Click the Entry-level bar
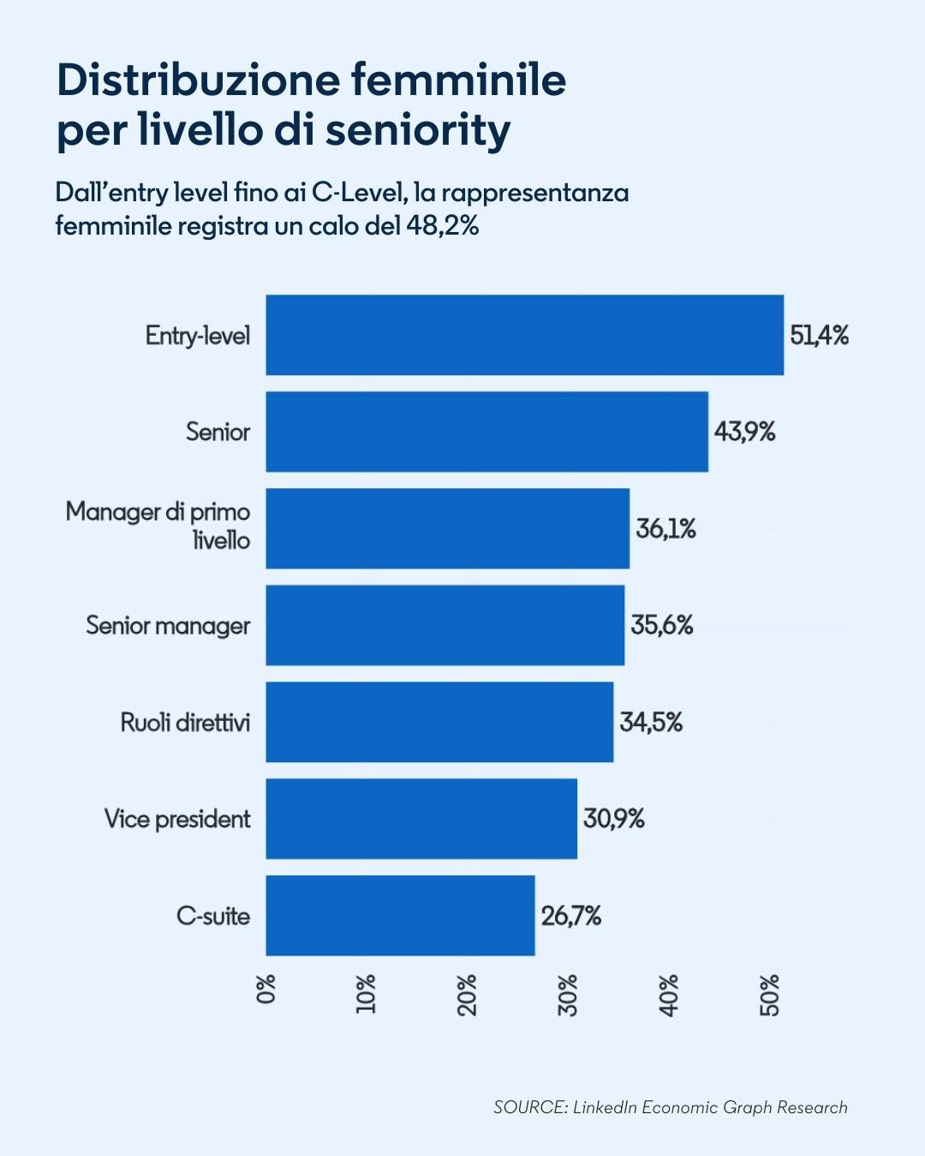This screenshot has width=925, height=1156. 524,335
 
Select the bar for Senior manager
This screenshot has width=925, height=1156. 445,625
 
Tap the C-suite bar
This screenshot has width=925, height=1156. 400,915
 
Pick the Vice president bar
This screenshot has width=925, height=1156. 421,819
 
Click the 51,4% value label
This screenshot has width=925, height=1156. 819,335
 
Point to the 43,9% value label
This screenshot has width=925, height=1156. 744,432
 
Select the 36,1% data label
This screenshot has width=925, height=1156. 665,528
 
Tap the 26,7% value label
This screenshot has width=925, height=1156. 570,916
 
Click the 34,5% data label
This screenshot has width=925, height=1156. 651,723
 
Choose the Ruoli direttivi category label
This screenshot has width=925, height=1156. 185,723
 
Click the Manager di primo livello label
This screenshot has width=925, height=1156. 158,526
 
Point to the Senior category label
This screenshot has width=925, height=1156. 218,432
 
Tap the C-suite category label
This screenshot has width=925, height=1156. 213,916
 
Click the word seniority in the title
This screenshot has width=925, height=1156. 418,130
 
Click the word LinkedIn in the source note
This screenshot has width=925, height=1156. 605,1107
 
